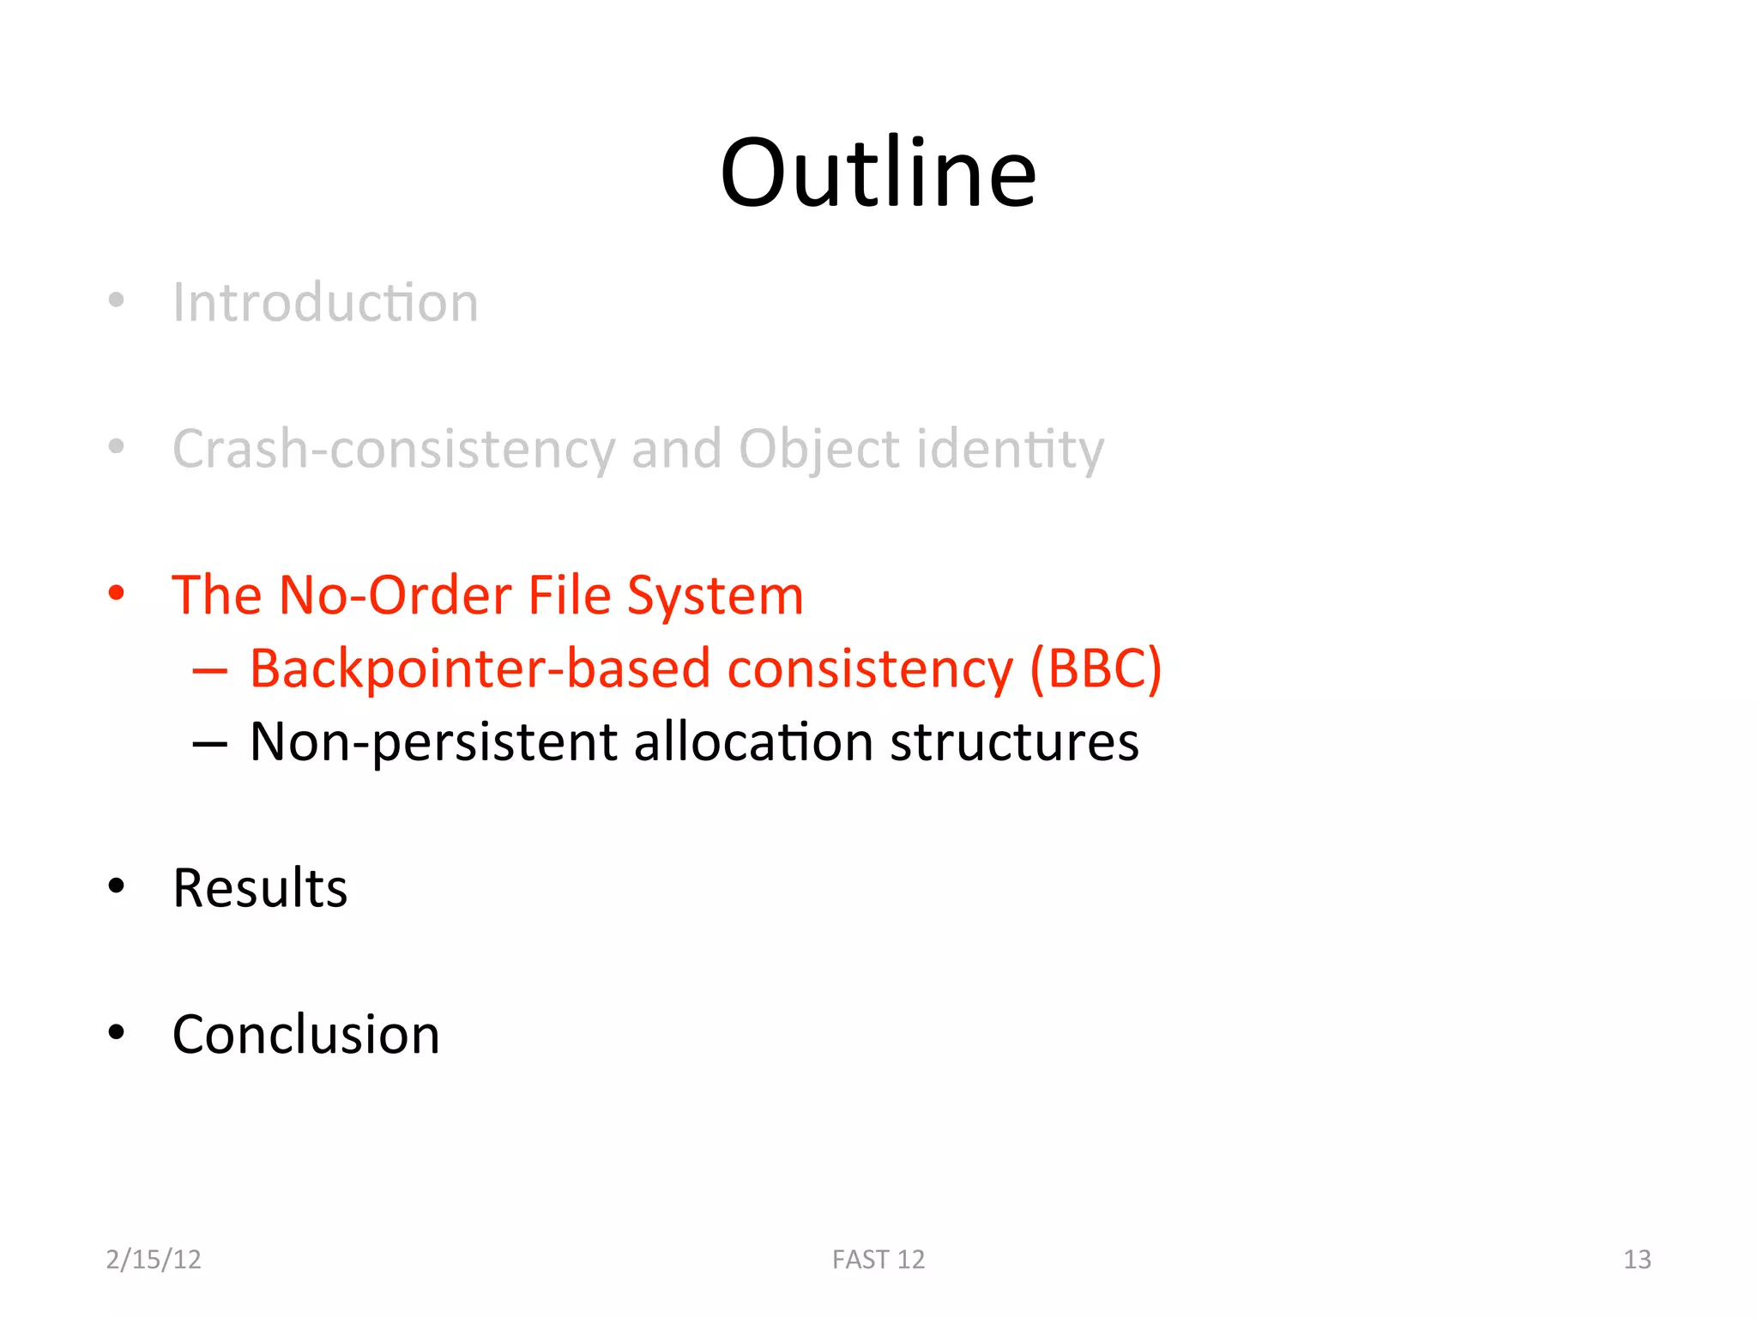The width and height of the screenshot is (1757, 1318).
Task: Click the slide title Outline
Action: pos(878,174)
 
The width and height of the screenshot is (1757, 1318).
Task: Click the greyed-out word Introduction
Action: pos(325,303)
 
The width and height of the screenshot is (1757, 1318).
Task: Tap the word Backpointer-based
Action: pos(480,668)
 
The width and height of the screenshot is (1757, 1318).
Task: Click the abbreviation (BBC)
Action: pos(1096,668)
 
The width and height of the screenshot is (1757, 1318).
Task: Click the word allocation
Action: pos(752,742)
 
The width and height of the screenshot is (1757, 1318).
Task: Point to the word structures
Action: pos(1014,742)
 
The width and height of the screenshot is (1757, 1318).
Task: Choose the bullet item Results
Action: pos(260,888)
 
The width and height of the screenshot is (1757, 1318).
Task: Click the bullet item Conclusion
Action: pos(305,1035)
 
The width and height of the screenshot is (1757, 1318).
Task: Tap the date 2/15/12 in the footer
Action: pos(154,1259)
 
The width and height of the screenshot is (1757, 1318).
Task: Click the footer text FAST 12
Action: pos(878,1259)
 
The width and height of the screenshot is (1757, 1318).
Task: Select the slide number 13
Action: pos(1637,1259)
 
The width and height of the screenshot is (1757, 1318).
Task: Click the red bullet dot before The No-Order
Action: pos(117,593)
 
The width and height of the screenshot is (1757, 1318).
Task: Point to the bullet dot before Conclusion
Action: pos(117,1032)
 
